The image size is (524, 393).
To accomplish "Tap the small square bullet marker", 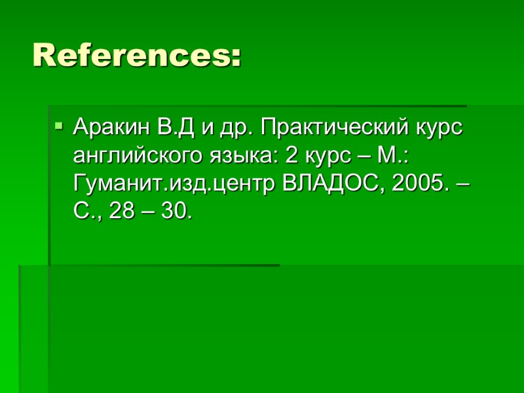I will pos(58,124).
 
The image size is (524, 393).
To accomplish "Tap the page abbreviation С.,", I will pos(86,212).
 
